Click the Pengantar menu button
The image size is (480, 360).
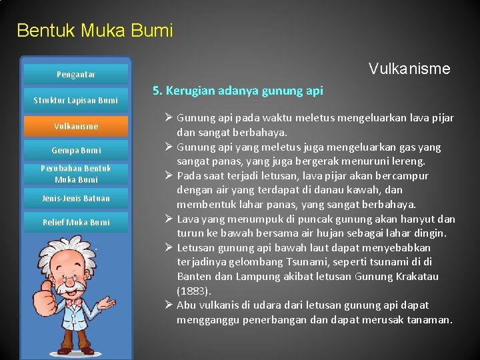pos(75,75)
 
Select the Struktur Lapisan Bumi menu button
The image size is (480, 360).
pos(75,101)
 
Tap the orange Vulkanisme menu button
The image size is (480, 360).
pos(75,126)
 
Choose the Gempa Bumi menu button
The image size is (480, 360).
pos(75,151)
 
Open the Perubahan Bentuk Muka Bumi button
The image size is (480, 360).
pos(75,174)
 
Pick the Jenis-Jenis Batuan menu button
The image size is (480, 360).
pos(75,199)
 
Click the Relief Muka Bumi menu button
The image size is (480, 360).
pos(75,223)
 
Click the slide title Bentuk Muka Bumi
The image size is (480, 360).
pos(95,31)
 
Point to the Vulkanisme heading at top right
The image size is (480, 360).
pos(409,69)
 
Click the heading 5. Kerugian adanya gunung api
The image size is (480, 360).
pos(238,91)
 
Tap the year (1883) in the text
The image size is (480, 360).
pos(193,291)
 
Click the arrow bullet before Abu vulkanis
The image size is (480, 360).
pos(168,305)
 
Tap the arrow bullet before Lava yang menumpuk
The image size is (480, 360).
pos(168,219)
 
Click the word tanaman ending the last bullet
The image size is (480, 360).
pos(429,320)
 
